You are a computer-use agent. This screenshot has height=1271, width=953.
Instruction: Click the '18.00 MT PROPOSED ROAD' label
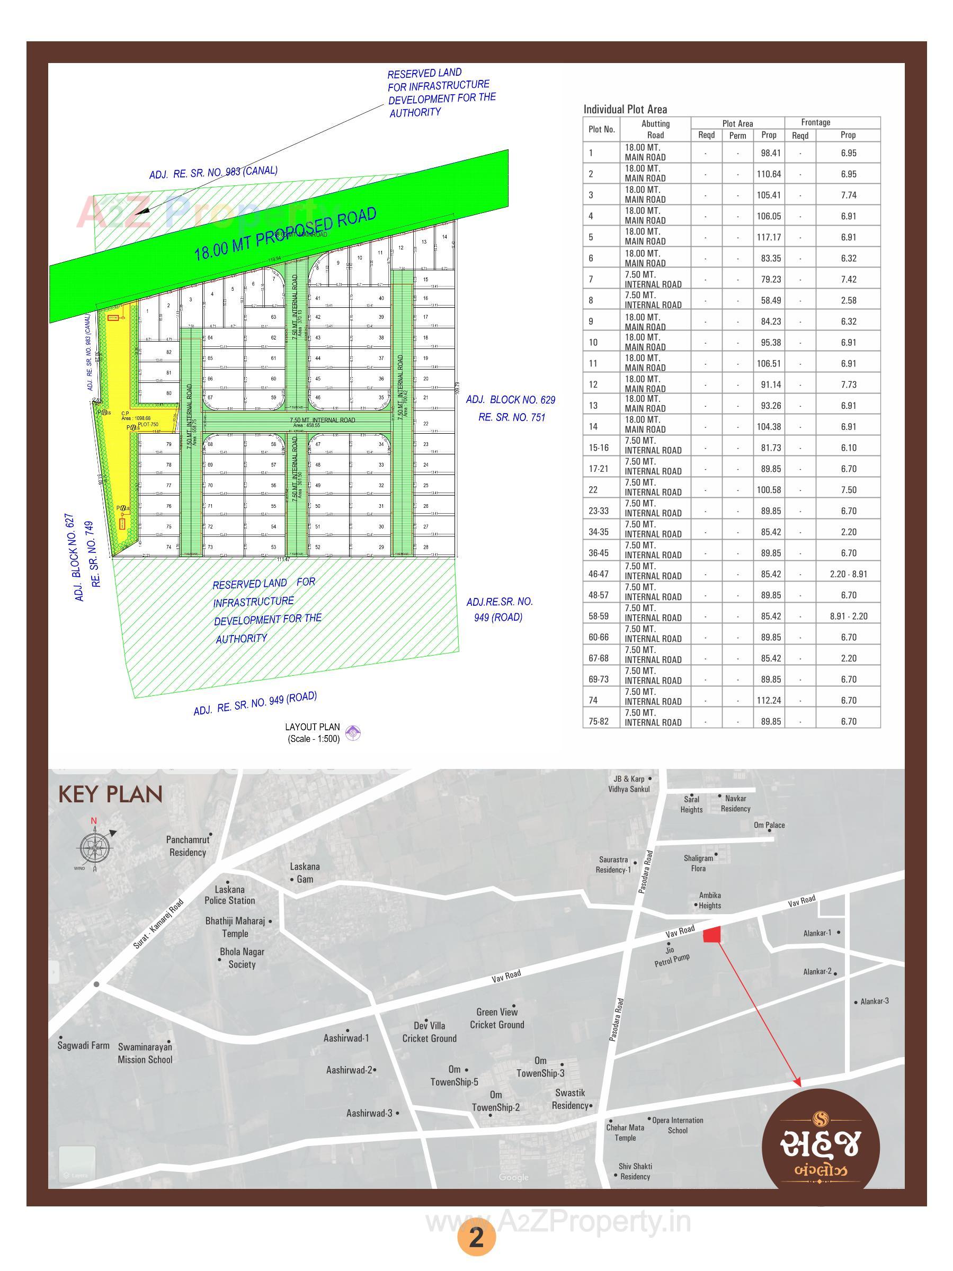pyautogui.click(x=285, y=234)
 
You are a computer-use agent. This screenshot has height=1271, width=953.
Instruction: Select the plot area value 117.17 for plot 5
pyautogui.click(x=769, y=237)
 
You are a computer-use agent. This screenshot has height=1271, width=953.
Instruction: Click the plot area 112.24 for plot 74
pyautogui.click(x=769, y=701)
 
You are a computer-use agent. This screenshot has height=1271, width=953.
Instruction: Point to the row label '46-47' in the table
pyautogui.click(x=599, y=574)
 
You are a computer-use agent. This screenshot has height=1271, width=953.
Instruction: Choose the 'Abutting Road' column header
pyautogui.click(x=655, y=129)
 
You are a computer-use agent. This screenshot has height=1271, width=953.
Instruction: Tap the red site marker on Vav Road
pyautogui.click(x=712, y=935)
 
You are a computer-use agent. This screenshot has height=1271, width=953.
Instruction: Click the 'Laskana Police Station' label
pyautogui.click(x=230, y=894)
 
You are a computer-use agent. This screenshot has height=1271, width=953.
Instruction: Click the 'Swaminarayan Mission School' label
pyautogui.click(x=145, y=1053)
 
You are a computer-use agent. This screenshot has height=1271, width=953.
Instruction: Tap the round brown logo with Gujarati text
pyautogui.click(x=820, y=1147)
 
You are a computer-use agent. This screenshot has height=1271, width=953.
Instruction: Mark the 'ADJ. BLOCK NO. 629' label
pyautogui.click(x=511, y=400)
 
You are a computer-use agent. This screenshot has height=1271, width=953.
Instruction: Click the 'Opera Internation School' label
pyautogui.click(x=678, y=1125)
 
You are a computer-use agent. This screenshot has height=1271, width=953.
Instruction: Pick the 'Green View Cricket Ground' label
pyautogui.click(x=496, y=1018)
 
